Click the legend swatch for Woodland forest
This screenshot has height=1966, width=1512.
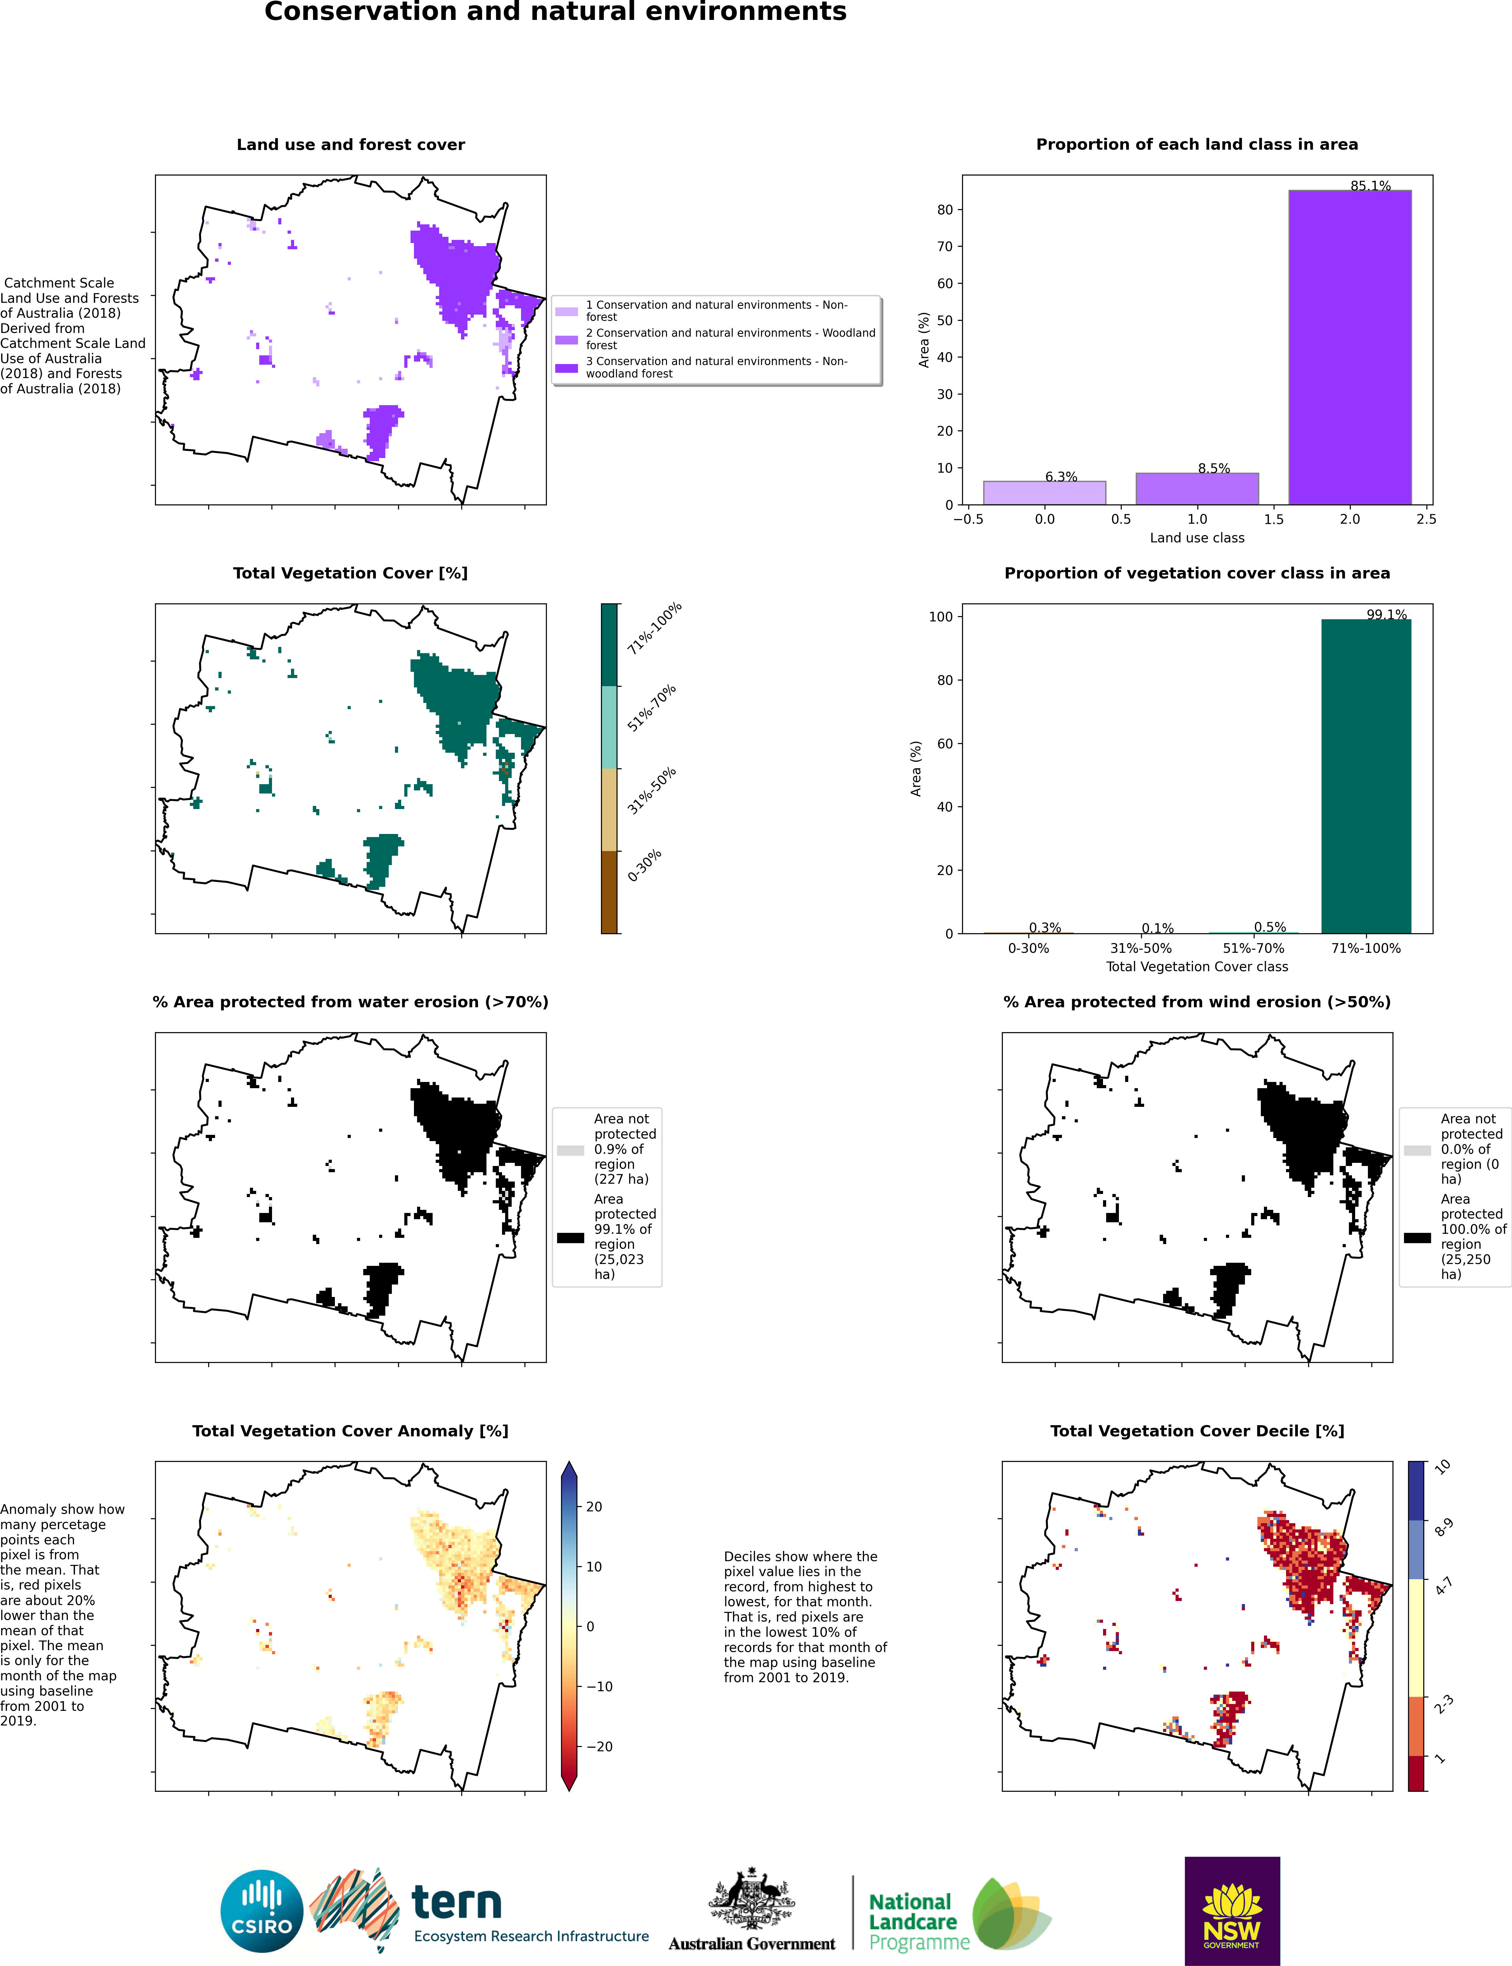pos(566,340)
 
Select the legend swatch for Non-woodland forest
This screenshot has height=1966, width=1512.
pos(566,368)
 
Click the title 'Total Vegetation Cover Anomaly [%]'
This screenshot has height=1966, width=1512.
pos(350,1431)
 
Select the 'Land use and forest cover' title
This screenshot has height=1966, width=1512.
pos(350,145)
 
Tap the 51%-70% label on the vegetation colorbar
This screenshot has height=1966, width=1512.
pos(652,708)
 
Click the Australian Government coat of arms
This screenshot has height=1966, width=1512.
pos(752,1898)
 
